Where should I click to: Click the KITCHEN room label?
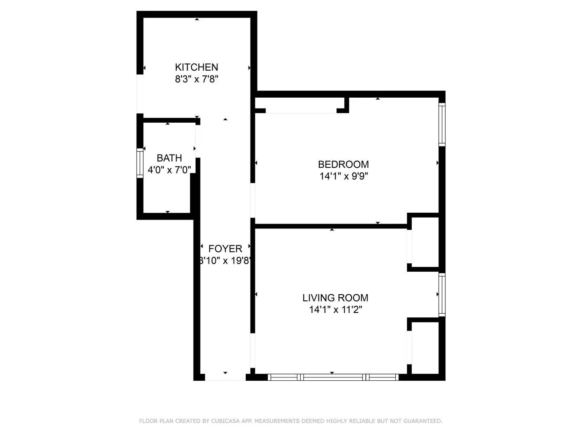(x=196, y=67)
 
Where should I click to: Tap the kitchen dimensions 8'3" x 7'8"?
(x=196, y=79)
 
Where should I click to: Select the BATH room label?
(x=169, y=158)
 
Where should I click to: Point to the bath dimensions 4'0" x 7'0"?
(x=169, y=170)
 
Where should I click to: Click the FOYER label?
(x=225, y=249)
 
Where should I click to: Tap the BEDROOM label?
(x=343, y=164)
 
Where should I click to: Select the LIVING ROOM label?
(x=335, y=298)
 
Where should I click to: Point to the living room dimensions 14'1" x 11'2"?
(x=335, y=310)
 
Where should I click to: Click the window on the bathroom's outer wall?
(x=140, y=163)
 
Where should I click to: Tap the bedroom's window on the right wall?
(x=442, y=124)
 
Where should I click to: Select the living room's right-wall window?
(x=442, y=294)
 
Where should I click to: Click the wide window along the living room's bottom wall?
(x=333, y=377)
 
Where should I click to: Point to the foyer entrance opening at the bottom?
(x=225, y=377)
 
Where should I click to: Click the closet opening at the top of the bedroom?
(x=301, y=111)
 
